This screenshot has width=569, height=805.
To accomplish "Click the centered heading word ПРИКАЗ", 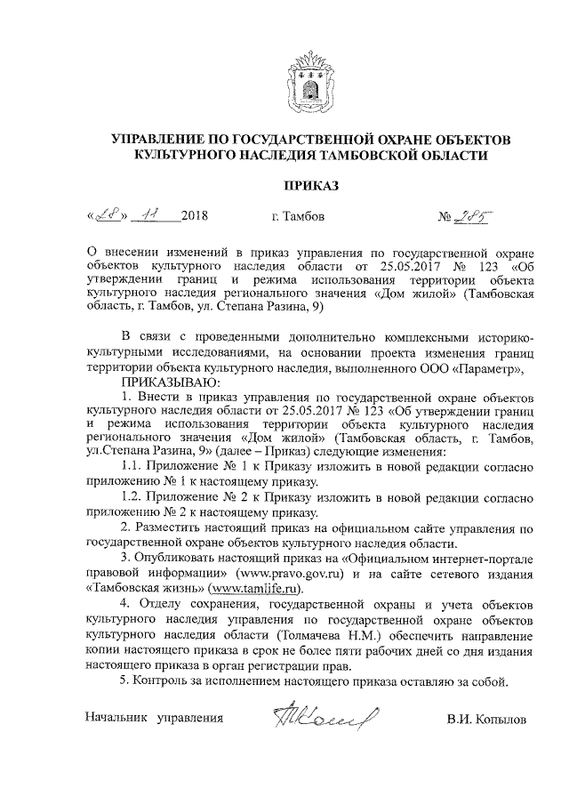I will click(x=309, y=185).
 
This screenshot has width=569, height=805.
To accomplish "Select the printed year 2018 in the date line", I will click(x=194, y=217).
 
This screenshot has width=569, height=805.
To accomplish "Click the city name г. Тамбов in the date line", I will click(x=297, y=217).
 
